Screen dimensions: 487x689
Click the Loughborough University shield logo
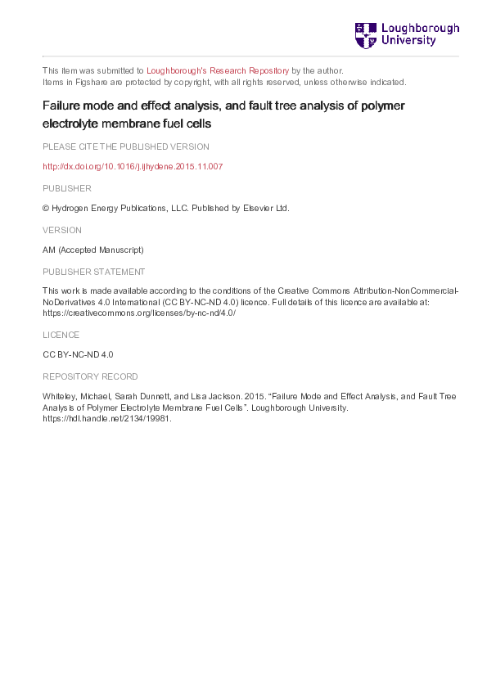pos(365,35)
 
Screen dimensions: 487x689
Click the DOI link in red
pos(133,166)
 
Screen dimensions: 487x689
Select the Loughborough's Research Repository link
pos(218,70)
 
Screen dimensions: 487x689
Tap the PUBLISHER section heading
pos(66,188)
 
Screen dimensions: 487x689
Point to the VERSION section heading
pos(62,230)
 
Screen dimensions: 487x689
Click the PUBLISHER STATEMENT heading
pos(93,272)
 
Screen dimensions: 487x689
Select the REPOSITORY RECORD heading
pos(90,376)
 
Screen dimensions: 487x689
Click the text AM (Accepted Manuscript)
pos(92,250)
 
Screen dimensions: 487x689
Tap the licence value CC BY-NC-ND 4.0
pos(78,355)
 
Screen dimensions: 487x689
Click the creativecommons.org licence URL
pos(139,313)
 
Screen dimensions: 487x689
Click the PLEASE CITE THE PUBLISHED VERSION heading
pos(125,146)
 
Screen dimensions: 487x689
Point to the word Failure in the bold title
pos(62,106)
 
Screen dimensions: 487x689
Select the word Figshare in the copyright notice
pos(83,82)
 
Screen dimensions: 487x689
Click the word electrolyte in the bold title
pos(72,125)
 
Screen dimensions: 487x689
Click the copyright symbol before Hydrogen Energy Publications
pos(46,208)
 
